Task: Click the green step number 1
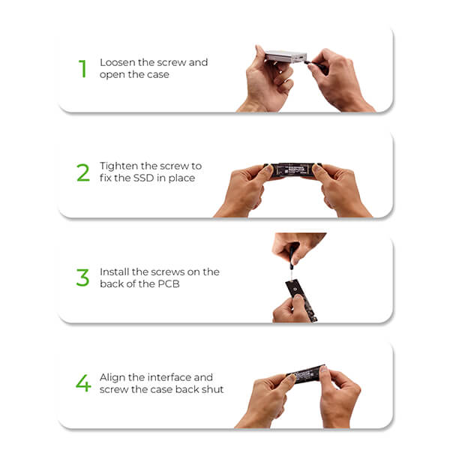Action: (x=82, y=68)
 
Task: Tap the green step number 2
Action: (x=83, y=172)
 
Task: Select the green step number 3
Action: (x=83, y=277)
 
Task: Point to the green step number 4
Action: (x=83, y=382)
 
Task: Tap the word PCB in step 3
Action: (x=169, y=283)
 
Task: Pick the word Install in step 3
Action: (x=115, y=271)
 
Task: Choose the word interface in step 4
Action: (x=160, y=377)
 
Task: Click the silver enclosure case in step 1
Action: (x=286, y=56)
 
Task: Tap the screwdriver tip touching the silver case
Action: (x=306, y=61)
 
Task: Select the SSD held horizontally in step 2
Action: (x=292, y=170)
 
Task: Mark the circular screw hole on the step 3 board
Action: (x=295, y=289)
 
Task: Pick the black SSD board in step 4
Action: (x=306, y=374)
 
